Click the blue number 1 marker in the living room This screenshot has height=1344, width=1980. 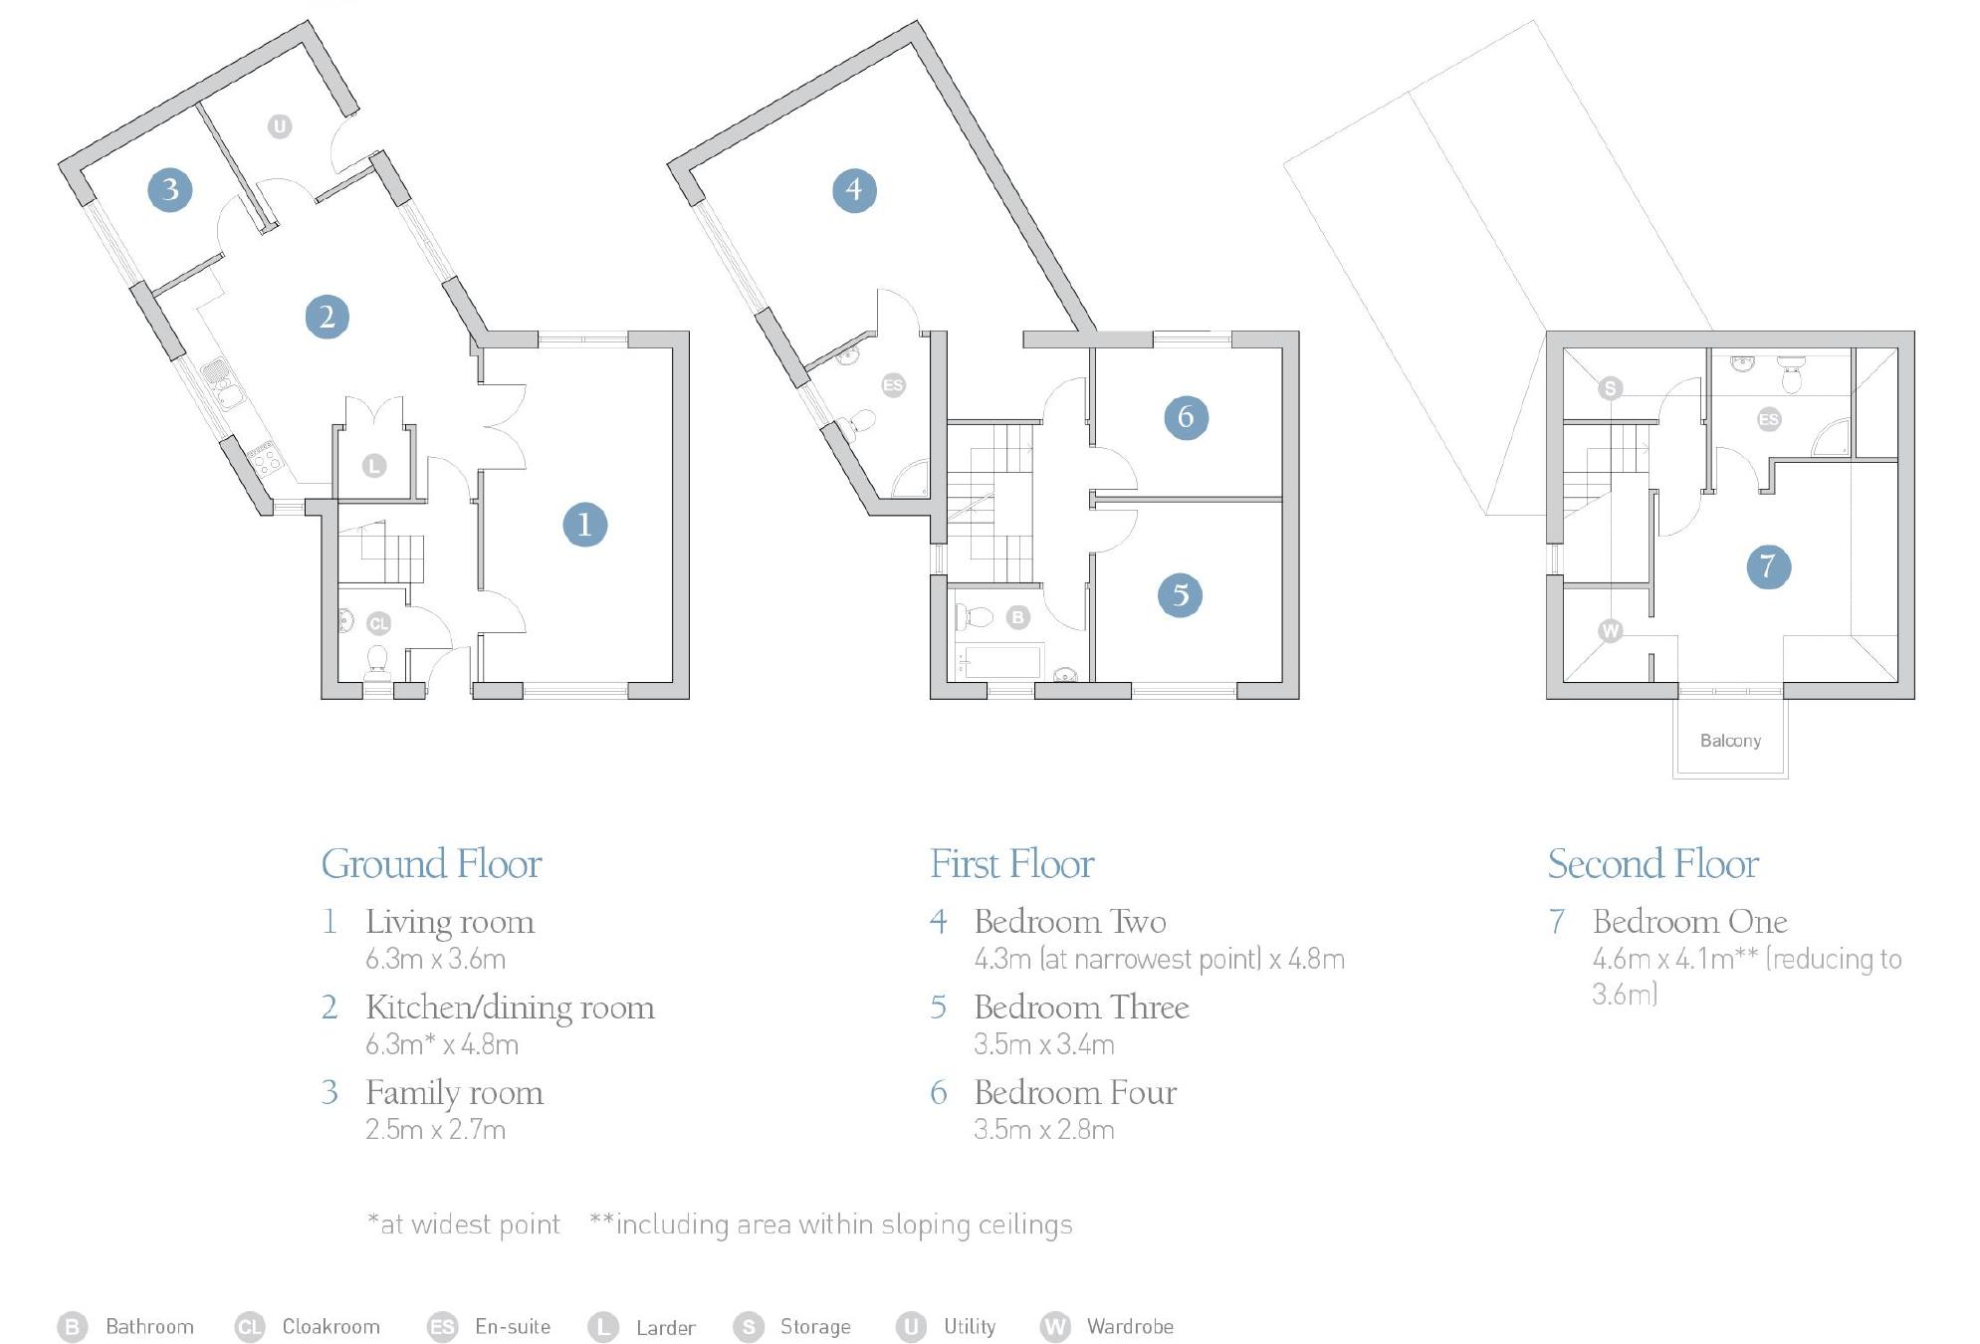[x=584, y=525]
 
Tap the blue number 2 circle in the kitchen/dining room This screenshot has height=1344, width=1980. [x=327, y=317]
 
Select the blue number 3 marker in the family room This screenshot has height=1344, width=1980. [x=170, y=189]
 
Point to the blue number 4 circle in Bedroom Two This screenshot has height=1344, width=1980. [x=854, y=189]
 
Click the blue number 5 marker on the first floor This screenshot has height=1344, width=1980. [x=1180, y=595]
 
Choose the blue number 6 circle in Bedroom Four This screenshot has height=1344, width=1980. [x=1186, y=416]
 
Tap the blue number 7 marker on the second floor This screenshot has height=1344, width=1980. [x=1768, y=566]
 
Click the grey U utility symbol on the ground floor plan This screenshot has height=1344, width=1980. [x=280, y=126]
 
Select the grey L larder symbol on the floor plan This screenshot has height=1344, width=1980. [x=374, y=465]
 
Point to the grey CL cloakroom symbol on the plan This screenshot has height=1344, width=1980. [x=378, y=623]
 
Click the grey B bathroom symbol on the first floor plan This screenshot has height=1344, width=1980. [x=1017, y=617]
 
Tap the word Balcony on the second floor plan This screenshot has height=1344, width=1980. [x=1730, y=741]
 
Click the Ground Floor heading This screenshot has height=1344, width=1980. [x=431, y=863]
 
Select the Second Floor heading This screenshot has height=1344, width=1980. [x=1652, y=863]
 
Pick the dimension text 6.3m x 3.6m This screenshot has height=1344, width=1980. [x=435, y=959]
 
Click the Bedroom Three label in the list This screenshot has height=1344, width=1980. [x=1081, y=1007]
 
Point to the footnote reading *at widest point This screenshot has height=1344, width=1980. [x=464, y=1224]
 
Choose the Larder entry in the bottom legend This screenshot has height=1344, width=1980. [x=665, y=1327]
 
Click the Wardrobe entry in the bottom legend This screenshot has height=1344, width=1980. [x=1130, y=1326]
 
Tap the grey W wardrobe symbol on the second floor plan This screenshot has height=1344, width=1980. [x=1610, y=630]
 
